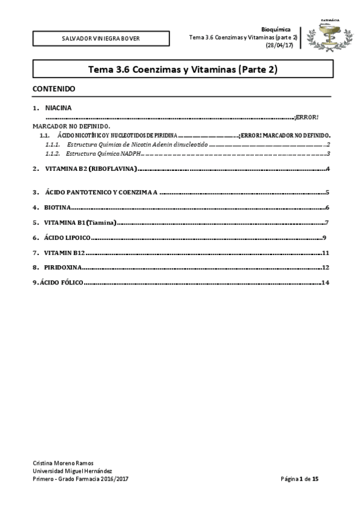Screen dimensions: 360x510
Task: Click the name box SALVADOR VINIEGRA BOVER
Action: (101, 38)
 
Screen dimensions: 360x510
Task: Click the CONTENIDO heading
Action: (53, 89)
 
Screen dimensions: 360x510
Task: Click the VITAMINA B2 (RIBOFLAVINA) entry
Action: (91, 169)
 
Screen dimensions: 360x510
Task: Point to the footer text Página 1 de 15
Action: (304, 479)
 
